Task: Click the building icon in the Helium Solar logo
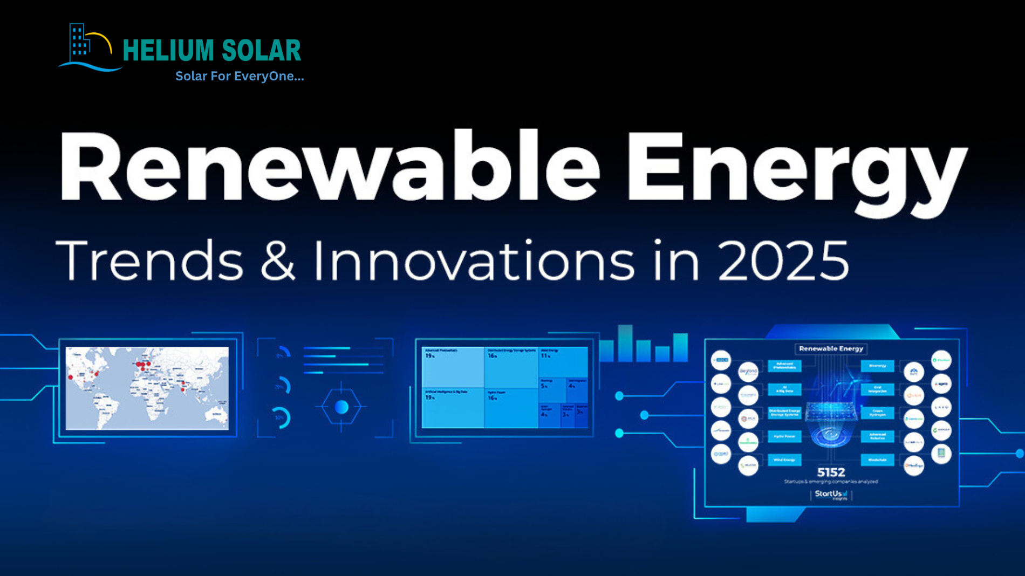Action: click(x=79, y=41)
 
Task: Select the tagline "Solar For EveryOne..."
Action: click(x=240, y=76)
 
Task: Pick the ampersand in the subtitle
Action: click(x=278, y=260)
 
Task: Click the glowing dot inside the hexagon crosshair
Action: click(x=341, y=407)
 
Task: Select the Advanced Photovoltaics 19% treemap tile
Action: click(x=453, y=367)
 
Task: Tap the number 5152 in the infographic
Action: click(x=831, y=472)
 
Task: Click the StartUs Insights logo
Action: click(x=831, y=494)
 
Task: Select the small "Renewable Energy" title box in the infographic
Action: click(x=831, y=348)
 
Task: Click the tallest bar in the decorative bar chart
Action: click(x=625, y=342)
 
